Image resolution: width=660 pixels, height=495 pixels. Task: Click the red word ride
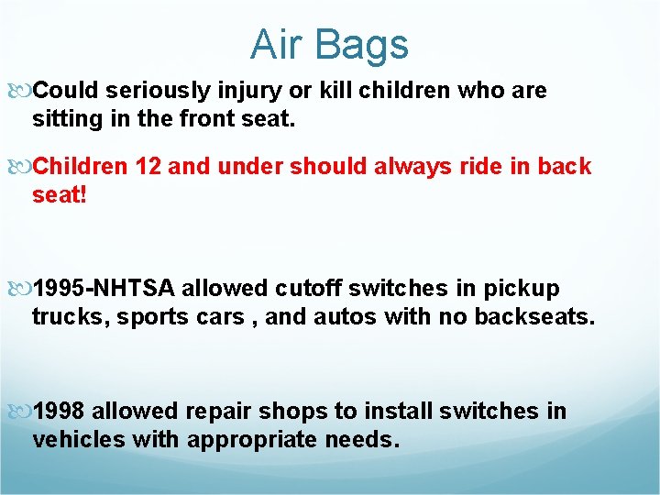coord(477,167)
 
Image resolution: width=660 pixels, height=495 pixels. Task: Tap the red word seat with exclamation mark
coord(59,195)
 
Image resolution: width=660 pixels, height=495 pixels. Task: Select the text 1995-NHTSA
coord(104,289)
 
